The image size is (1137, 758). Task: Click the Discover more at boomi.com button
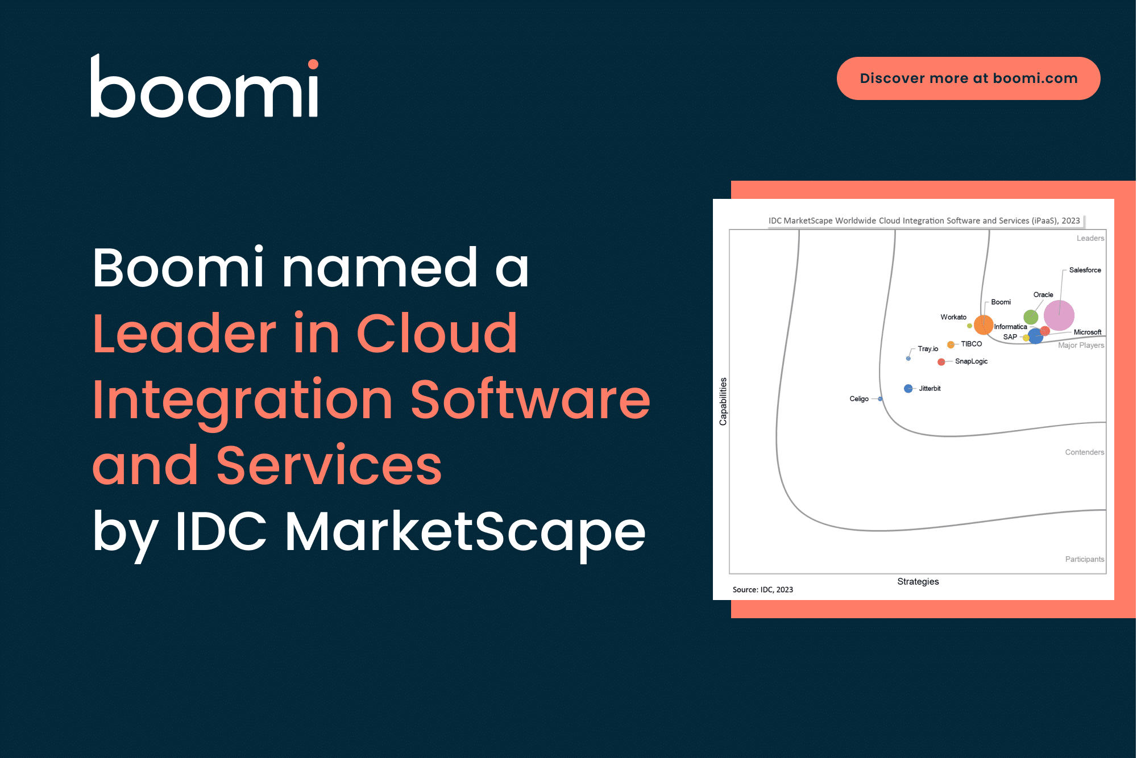tap(968, 78)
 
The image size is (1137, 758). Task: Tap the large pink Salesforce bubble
tap(1059, 315)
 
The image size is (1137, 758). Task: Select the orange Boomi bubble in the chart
tap(983, 324)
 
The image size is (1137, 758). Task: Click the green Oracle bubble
tap(1030, 317)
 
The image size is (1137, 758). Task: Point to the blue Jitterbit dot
tap(908, 389)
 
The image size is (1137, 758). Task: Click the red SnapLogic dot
tap(941, 362)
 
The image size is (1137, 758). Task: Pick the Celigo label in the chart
tap(858, 399)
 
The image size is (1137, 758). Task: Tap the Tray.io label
tap(928, 349)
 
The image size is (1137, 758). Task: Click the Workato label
tap(953, 317)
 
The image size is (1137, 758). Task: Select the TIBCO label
tap(971, 344)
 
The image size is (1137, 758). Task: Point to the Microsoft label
tap(1087, 332)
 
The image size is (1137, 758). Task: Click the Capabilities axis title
tap(723, 401)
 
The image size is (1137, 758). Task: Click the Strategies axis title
tap(918, 581)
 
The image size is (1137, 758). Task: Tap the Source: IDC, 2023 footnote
tap(762, 590)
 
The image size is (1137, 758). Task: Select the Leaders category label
tap(1090, 238)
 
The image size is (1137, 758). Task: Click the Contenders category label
tap(1084, 452)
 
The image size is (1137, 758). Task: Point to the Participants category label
tap(1084, 559)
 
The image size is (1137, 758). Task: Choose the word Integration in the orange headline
tap(243, 400)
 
